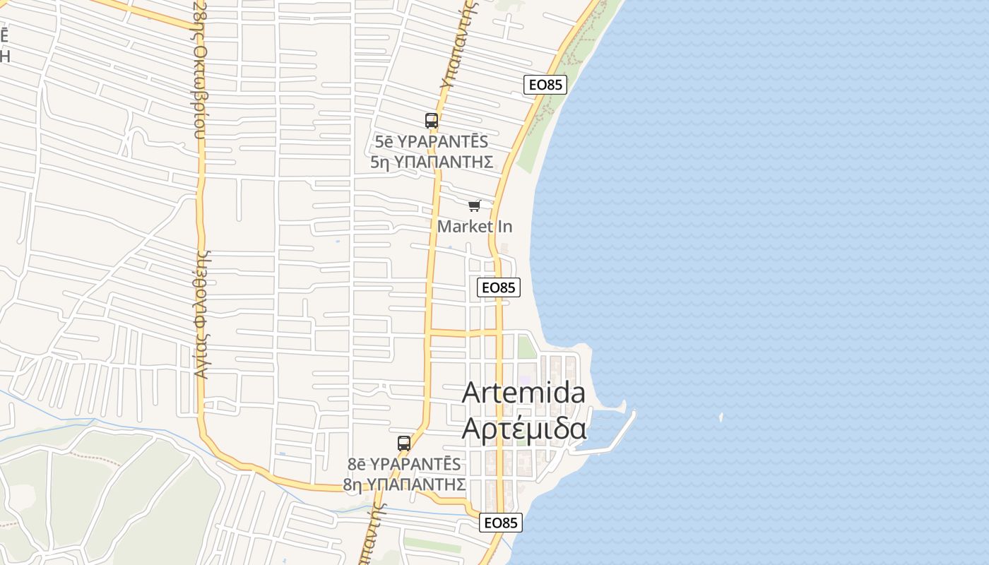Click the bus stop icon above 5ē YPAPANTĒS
pos(432,121)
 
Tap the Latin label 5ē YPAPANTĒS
pos(431,142)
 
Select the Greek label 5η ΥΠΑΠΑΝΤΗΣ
pos(431,162)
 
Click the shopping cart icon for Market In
pos(474,206)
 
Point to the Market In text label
pos(475,227)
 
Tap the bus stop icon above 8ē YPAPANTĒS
pos(404,444)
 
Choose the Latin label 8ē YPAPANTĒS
pos(404,464)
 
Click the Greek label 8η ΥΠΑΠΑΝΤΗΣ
pos(404,484)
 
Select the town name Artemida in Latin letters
pos(523,393)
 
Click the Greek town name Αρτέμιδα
pos(523,428)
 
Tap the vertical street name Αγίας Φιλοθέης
pos(202,314)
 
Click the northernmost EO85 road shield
pos(546,85)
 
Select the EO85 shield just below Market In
pos(499,287)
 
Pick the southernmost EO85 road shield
pos(500,523)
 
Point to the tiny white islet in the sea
pos(721,417)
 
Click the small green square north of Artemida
pos(526,347)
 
